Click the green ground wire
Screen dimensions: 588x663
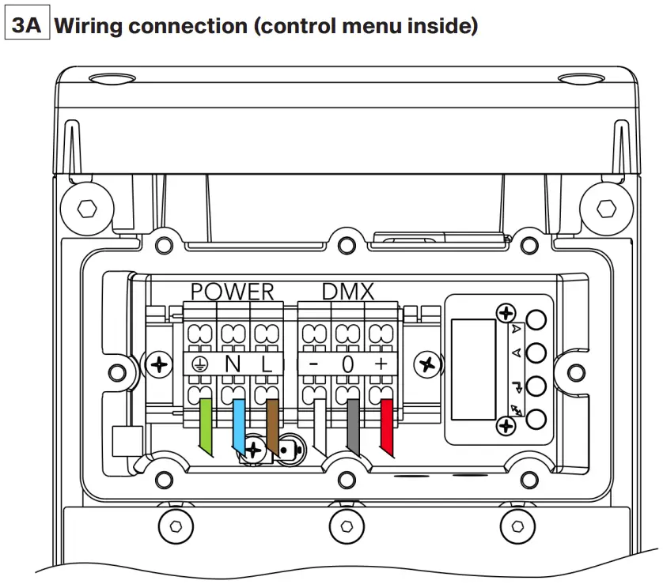(x=205, y=424)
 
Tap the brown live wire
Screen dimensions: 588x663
(x=271, y=424)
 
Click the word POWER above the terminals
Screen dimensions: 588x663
(x=232, y=292)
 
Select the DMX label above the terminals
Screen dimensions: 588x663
(x=347, y=292)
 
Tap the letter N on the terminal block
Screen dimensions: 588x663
(x=233, y=364)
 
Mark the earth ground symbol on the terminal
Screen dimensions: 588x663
(x=199, y=364)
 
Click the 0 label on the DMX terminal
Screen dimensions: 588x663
(x=347, y=364)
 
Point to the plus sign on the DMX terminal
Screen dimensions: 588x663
(x=381, y=364)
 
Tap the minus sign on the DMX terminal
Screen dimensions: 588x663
(x=313, y=364)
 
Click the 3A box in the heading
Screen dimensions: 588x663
(x=27, y=27)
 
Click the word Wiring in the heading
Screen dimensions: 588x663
(x=89, y=27)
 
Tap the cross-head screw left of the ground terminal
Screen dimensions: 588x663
(x=161, y=364)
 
